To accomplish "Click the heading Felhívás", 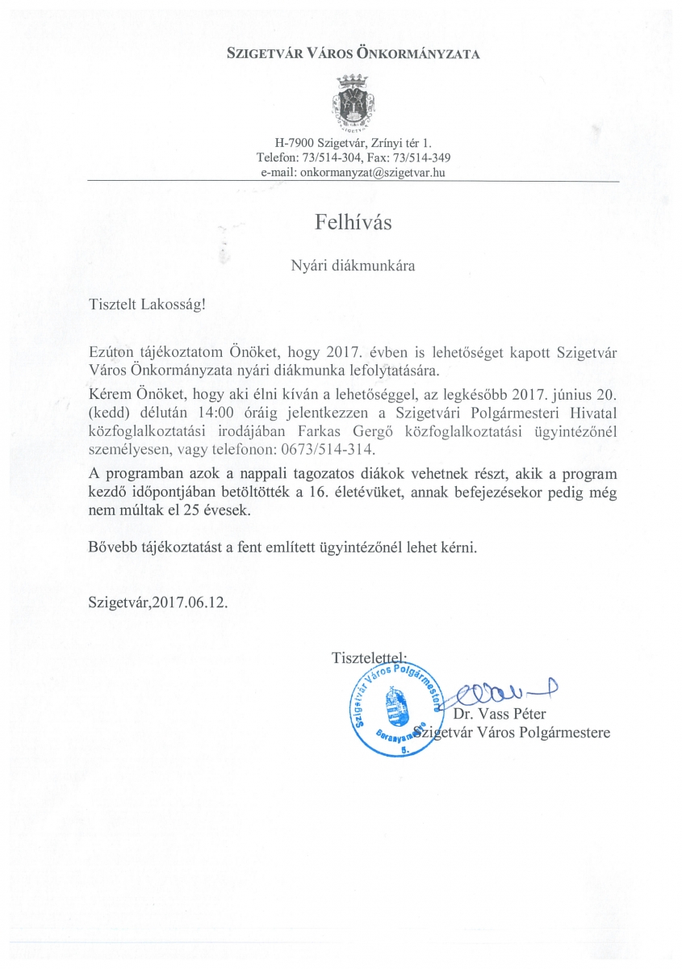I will click(353, 222).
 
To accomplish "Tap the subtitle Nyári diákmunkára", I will click(353, 264).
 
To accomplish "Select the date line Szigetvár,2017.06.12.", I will click(158, 602).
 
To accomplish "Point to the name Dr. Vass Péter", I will click(499, 714).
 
